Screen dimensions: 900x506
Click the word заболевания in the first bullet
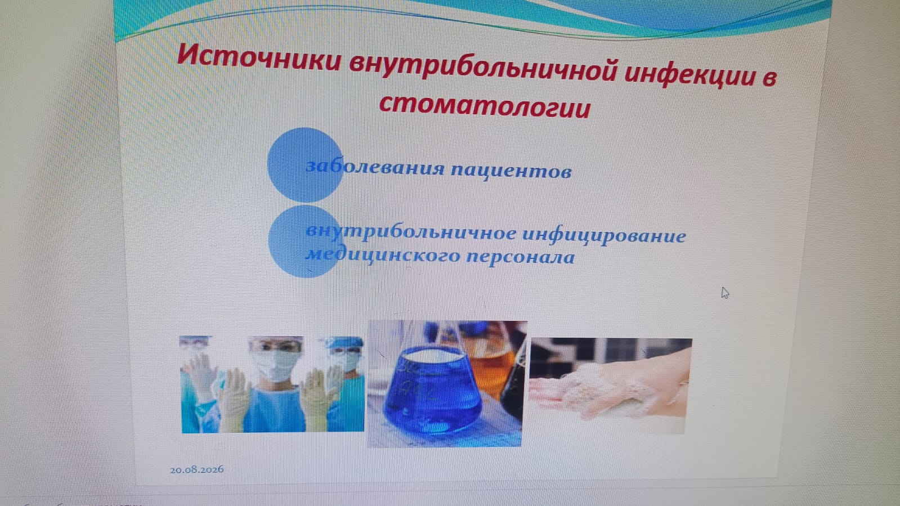[375, 167]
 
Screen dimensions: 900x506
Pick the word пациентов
[511, 171]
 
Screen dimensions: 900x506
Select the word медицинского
[382, 255]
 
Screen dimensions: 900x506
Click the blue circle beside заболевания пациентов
[305, 165]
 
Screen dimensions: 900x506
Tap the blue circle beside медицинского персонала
[304, 241]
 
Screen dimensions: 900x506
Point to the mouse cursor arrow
[725, 293]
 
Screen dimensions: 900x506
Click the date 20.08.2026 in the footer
[196, 469]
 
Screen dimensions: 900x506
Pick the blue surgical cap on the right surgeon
[346, 342]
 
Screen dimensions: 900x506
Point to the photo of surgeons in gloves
[272, 384]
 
